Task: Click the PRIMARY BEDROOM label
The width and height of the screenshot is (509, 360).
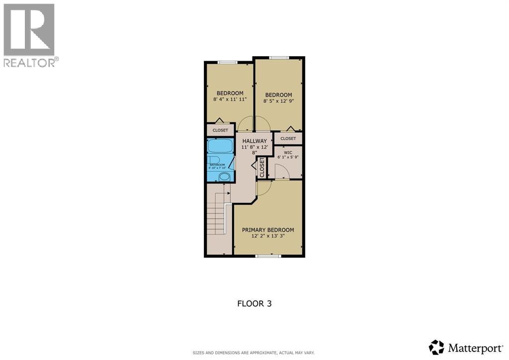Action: [267, 230]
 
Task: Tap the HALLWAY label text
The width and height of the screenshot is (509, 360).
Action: [254, 141]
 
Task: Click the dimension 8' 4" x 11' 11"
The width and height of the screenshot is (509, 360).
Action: [230, 99]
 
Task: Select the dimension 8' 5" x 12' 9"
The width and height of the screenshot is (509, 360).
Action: [278, 101]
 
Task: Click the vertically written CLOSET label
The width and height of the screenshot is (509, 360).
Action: [262, 168]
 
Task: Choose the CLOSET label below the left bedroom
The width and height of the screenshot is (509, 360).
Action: [220, 130]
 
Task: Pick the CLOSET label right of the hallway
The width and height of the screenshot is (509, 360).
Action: [288, 138]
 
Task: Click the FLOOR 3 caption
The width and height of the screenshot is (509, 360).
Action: [254, 303]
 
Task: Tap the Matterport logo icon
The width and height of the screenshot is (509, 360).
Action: [436, 347]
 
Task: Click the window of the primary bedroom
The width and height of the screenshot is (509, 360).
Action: [268, 256]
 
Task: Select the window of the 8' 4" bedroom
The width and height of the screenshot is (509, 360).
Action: [228, 62]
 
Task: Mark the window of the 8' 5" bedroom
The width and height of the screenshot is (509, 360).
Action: [278, 58]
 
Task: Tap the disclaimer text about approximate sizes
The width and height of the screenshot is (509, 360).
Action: [254, 353]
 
